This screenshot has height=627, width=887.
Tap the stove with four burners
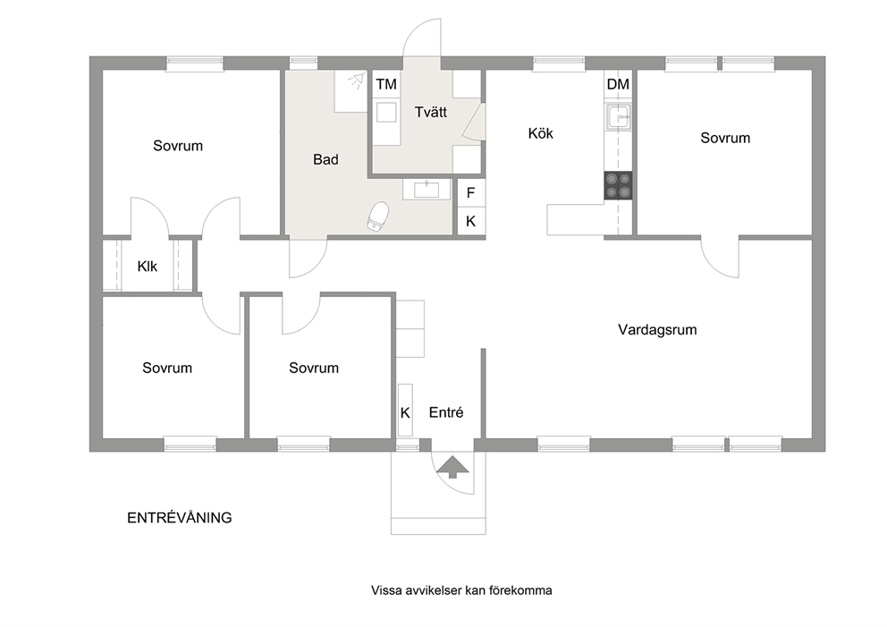618,186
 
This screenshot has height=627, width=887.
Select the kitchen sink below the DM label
618,116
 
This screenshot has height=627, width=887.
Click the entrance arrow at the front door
453,467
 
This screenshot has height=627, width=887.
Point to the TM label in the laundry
386,84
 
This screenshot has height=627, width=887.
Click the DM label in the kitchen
618,84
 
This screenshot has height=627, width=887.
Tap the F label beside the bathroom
470,193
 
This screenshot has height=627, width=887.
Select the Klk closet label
147,266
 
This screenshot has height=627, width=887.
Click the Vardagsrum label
657,329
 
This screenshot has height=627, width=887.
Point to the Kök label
540,133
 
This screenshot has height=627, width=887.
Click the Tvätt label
430,112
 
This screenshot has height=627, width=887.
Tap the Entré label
446,412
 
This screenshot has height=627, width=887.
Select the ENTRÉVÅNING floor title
180,518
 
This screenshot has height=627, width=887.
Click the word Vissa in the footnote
385,590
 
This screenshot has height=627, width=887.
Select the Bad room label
325,159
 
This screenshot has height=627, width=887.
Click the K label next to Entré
405,413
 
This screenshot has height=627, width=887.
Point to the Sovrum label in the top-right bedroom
725,138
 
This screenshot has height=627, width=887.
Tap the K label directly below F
470,221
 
